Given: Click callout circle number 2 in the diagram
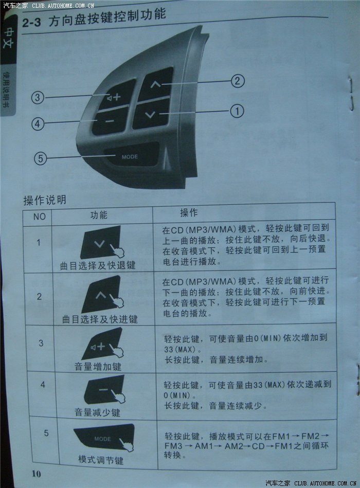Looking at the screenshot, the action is point(238,81).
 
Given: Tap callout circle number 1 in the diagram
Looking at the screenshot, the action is point(237,111).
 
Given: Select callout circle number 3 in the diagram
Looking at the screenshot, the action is point(38,97).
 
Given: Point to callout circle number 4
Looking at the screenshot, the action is point(38,124).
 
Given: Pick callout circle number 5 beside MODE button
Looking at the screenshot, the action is point(41,158).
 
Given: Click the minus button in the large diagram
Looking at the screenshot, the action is point(110,121).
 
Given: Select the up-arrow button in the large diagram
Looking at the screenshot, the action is point(156,83).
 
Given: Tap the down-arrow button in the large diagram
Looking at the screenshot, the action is point(151,114).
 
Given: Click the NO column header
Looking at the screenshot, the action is point(40,216).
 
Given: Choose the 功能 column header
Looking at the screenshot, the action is point(99,215).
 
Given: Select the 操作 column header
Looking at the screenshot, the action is point(189,212).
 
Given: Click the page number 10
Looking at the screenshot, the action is point(37,474).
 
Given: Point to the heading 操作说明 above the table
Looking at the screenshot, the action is point(45,200).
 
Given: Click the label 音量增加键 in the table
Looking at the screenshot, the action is point(98,367).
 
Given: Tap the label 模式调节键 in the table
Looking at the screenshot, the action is point(101,460).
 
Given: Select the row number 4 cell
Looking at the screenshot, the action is point(43,385).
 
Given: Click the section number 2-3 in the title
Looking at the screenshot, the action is point(31,23).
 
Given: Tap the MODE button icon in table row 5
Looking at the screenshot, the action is point(104,437).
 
